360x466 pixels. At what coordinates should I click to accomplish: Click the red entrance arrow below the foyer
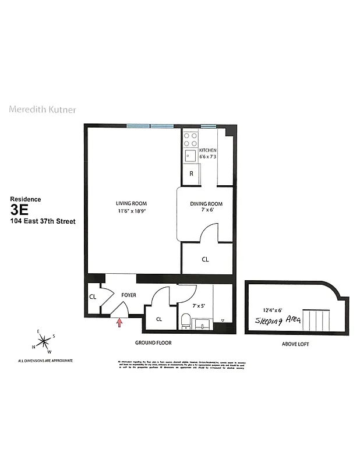[x=120, y=320]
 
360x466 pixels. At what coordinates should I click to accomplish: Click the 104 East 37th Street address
[x=43, y=221]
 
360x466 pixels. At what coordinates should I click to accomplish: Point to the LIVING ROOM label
[x=129, y=203]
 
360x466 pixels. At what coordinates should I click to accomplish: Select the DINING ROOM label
[x=206, y=203]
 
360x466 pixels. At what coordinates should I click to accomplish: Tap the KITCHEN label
[x=207, y=150]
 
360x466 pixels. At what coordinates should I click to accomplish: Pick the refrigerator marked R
[x=191, y=174]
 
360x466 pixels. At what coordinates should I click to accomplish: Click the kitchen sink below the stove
[x=190, y=156]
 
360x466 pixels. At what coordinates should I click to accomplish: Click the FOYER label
[x=128, y=295]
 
